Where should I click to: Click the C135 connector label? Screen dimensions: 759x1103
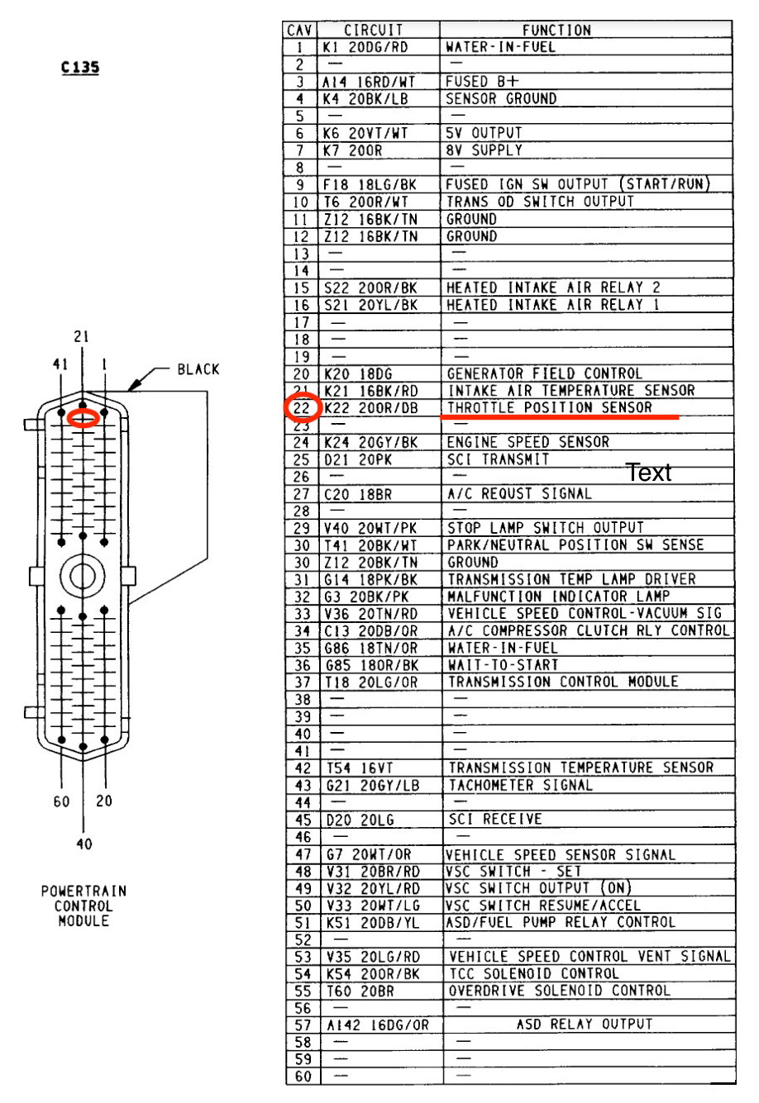click(80, 67)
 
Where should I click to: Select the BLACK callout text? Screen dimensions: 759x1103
click(198, 369)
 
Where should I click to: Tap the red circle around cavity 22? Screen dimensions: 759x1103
click(303, 407)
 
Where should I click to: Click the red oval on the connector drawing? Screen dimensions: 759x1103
click(84, 418)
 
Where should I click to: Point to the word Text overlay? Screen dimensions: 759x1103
click(648, 473)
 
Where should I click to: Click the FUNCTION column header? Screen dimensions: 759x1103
click(557, 31)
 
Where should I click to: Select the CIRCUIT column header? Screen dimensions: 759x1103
click(373, 31)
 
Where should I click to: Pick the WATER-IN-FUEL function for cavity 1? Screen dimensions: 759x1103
click(501, 47)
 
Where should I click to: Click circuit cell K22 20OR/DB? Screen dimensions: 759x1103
click(371, 408)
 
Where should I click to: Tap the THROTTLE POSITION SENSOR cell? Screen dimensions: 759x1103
click(550, 407)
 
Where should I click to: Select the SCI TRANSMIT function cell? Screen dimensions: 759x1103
click(498, 459)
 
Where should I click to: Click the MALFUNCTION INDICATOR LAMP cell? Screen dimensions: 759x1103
click(558, 597)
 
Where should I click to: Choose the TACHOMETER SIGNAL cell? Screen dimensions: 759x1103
click(520, 785)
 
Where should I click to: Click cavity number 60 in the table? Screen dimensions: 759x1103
click(303, 1077)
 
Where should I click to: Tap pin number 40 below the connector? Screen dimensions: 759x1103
click(84, 844)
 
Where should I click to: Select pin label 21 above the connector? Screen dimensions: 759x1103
click(81, 337)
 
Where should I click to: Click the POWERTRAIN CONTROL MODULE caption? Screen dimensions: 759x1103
click(84, 906)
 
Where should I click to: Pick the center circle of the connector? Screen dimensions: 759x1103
click(83, 576)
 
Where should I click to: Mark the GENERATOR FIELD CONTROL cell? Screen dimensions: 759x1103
click(545, 373)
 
